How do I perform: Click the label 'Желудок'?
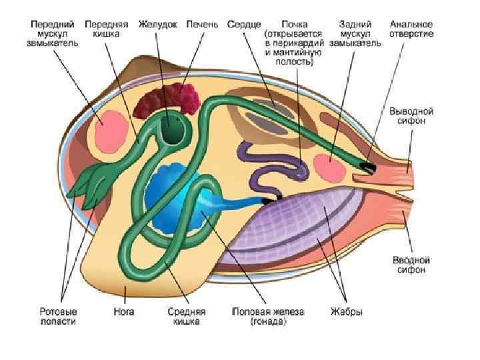click(157, 24)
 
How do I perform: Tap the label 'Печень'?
click(202, 24)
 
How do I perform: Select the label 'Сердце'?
click(245, 24)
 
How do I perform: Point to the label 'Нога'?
click(125, 311)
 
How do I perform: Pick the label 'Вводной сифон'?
click(410, 265)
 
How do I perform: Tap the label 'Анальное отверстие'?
click(411, 29)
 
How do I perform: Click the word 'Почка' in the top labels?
click(295, 24)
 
